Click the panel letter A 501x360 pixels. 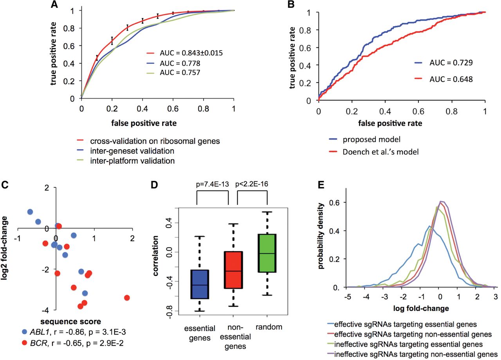point(54,4)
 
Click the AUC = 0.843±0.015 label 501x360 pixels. point(191,53)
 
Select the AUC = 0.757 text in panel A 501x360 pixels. point(180,72)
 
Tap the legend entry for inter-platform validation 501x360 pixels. point(126,161)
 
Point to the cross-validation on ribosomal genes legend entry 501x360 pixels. point(148,141)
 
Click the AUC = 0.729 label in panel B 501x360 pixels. point(451,63)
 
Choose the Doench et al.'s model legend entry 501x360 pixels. point(374,152)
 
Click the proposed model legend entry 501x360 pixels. point(364,139)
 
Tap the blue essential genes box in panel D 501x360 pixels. point(200,284)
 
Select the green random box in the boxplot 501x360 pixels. point(267,253)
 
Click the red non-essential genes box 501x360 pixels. point(233,270)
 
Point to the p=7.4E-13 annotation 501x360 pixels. point(213,184)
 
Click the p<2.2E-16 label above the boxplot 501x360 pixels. point(252,184)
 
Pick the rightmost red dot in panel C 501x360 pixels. point(127,298)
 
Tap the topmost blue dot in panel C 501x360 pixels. point(30,212)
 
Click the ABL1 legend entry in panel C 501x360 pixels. point(74,332)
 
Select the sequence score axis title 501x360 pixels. point(71,322)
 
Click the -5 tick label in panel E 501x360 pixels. point(348,297)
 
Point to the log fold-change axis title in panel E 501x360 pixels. point(421,309)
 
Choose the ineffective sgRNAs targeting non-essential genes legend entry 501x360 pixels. point(412,355)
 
